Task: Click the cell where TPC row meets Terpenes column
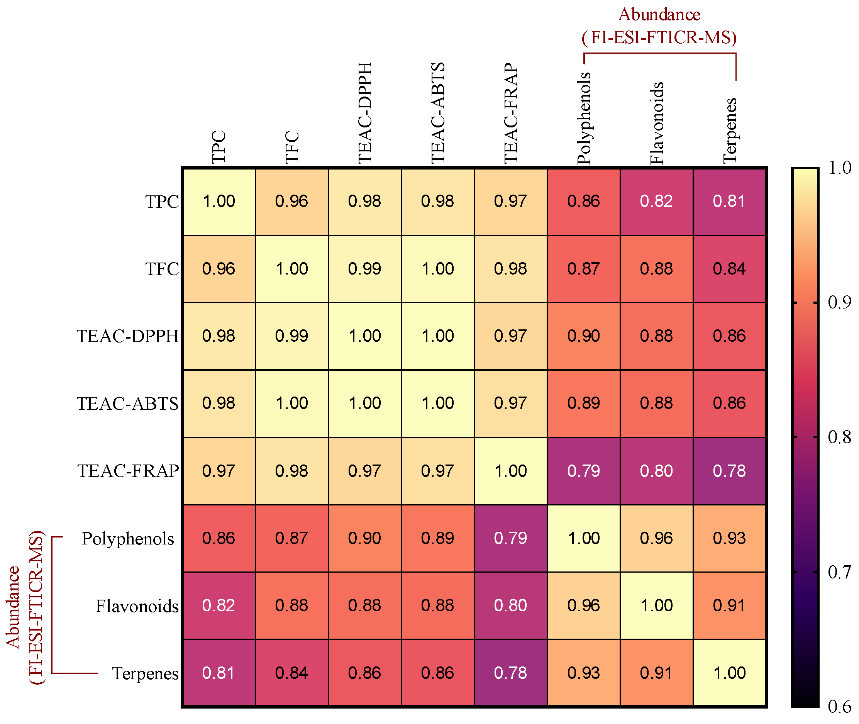coord(729,201)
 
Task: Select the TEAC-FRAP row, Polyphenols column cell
coord(583,471)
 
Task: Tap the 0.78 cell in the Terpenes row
coord(510,673)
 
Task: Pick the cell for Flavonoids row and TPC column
coord(219,605)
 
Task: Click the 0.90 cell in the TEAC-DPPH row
coord(583,336)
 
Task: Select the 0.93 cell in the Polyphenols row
coord(729,538)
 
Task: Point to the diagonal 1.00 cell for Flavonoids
coord(656,605)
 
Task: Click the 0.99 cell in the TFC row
coord(364,268)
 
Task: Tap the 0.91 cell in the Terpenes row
coord(656,673)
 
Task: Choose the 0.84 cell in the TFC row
coord(729,268)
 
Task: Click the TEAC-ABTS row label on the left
coord(128,404)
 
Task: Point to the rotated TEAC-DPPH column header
coord(364,113)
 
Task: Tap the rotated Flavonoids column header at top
coord(656,123)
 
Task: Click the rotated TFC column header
coord(292,147)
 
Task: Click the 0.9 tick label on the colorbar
coord(839,302)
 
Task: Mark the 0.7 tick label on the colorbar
coord(839,572)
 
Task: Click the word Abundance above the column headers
coord(659,15)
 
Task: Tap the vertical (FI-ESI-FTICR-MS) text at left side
coord(36,607)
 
